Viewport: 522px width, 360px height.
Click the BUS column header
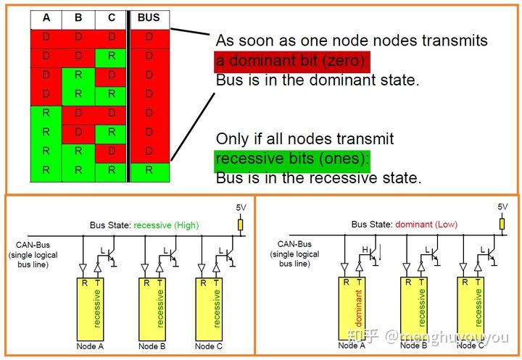click(149, 18)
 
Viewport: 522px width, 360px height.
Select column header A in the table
click(46, 18)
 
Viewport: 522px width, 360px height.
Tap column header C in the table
click(111, 18)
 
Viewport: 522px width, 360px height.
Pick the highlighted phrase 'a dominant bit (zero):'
click(293, 60)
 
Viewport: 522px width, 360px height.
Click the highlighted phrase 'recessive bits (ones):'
click(292, 158)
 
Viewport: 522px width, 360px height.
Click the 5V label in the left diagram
click(241, 207)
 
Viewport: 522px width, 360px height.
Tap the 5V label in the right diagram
click(502, 207)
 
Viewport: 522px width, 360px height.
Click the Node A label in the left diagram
click(91, 346)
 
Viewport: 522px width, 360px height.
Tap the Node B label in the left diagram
click(152, 346)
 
